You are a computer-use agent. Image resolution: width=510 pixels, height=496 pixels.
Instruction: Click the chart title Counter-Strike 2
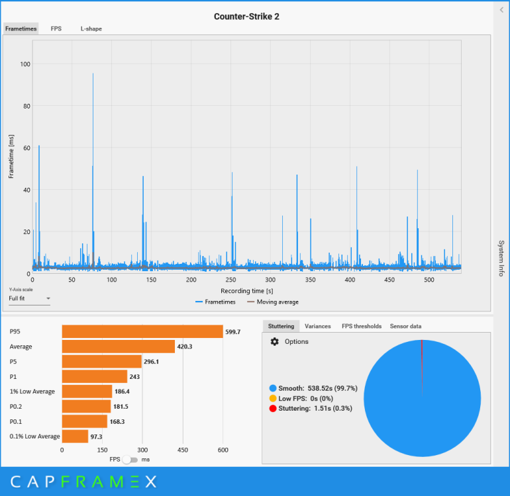click(x=246, y=16)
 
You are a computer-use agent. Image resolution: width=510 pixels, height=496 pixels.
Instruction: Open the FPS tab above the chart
click(x=56, y=28)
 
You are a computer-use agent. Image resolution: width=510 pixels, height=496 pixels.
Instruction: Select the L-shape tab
click(x=91, y=28)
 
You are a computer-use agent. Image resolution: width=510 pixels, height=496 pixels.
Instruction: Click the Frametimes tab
click(x=21, y=28)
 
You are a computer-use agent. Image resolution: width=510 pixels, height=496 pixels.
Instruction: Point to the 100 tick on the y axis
click(x=25, y=64)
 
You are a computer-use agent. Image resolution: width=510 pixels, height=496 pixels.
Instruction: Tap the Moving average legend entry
click(x=272, y=302)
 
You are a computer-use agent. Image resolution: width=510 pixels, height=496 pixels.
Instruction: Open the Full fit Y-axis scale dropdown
click(x=30, y=298)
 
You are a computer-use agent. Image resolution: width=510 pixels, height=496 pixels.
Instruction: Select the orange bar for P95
click(x=142, y=331)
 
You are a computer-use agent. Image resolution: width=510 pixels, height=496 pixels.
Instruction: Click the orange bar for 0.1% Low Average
click(x=75, y=436)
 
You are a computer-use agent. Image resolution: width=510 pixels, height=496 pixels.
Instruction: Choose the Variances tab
click(x=317, y=326)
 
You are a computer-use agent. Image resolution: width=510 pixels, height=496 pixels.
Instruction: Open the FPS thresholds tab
click(x=361, y=326)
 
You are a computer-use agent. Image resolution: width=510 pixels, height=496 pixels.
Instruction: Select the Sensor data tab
click(x=405, y=326)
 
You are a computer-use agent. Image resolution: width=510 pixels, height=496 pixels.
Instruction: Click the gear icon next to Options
click(x=274, y=341)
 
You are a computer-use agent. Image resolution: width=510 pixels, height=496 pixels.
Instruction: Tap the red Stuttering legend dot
click(x=273, y=408)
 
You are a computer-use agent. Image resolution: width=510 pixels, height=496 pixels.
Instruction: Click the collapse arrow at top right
click(x=501, y=10)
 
